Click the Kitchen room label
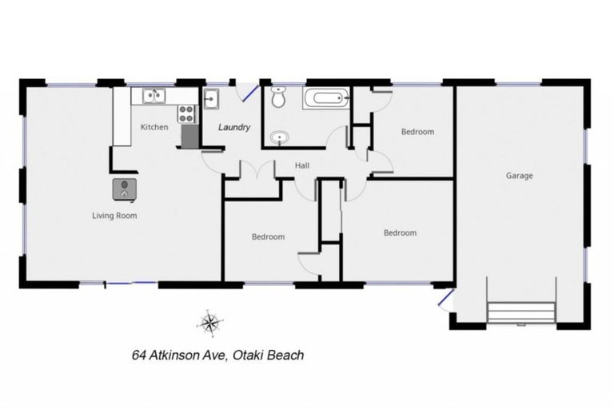coord(154,127)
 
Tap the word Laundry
coord(235,127)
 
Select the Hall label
coord(302,165)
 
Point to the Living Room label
coord(115,215)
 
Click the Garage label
coord(519,175)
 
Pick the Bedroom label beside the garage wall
coord(417,132)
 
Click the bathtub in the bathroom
coord(325,100)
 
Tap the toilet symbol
coord(278,99)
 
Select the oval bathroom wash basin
coord(278,138)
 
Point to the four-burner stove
coord(188,113)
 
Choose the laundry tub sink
coord(212,100)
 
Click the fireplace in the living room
coord(126,189)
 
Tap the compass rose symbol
coord(209,322)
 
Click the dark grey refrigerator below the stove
coord(189,136)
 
